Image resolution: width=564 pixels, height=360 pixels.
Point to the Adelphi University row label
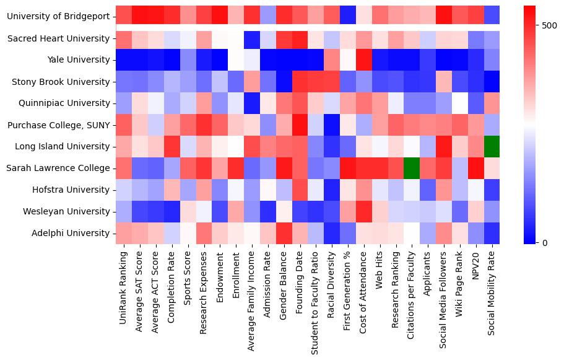pos(72,234)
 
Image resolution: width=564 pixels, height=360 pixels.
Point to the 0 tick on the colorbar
pos(545,242)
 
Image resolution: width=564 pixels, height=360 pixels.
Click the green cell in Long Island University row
pos(492,147)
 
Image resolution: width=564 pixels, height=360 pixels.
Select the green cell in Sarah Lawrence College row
pos(412,169)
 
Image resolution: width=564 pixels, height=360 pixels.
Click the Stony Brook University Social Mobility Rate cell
pos(492,82)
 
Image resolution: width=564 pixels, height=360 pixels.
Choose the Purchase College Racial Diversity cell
pos(332,125)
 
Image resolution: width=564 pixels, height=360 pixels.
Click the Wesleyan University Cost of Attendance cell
pos(363,212)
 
